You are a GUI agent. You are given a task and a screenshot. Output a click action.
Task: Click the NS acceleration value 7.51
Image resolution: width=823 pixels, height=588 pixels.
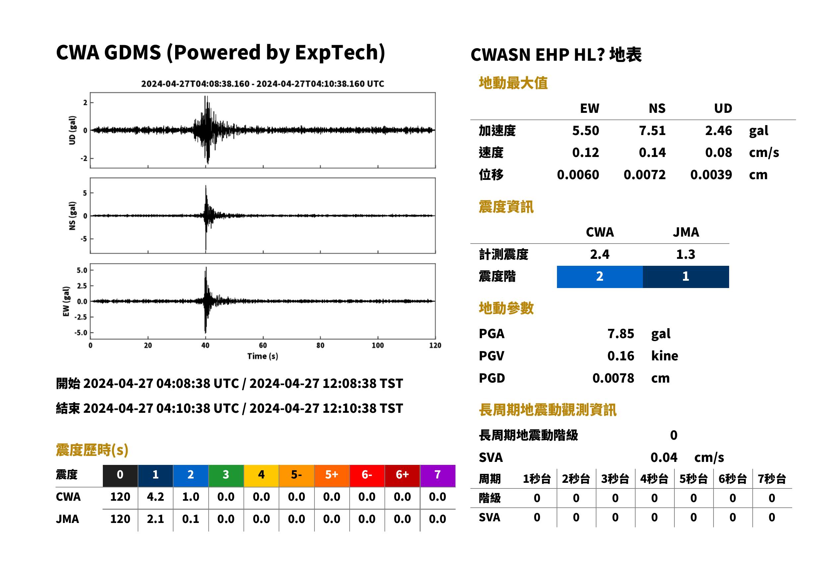click(x=652, y=130)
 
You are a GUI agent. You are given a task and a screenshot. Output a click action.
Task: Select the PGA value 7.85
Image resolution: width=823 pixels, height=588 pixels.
click(x=621, y=333)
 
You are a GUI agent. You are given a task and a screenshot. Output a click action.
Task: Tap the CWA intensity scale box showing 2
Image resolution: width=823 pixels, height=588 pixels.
click(x=600, y=277)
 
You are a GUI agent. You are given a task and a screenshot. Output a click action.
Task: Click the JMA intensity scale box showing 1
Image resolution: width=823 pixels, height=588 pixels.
click(x=686, y=277)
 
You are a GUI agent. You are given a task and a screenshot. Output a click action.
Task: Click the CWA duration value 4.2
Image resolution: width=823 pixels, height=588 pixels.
click(x=155, y=497)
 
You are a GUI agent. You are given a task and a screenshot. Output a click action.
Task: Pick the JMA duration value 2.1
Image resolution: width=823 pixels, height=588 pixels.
click(x=155, y=519)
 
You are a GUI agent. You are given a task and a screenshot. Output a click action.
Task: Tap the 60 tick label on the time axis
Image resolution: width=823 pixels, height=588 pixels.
click(x=263, y=345)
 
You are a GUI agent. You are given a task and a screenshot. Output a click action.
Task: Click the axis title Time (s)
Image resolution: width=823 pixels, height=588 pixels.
click(x=263, y=356)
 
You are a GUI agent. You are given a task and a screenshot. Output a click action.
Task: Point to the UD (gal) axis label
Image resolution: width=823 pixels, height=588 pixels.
click(x=72, y=130)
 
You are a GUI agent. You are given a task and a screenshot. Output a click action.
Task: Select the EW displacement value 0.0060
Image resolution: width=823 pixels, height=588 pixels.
click(x=578, y=175)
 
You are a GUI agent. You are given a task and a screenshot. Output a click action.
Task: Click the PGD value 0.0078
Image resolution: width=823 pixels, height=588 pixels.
click(x=613, y=378)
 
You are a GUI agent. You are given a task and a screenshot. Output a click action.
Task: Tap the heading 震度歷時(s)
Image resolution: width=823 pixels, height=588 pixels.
click(x=92, y=450)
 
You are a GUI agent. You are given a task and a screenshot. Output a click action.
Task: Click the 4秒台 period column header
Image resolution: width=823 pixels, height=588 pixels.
click(x=654, y=478)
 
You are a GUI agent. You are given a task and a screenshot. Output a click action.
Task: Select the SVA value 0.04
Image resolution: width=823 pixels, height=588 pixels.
click(x=664, y=457)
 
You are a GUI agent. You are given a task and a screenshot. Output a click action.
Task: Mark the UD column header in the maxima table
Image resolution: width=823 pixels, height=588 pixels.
click(x=723, y=108)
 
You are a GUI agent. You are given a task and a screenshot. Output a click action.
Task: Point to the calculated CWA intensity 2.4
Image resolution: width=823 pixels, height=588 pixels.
click(x=600, y=254)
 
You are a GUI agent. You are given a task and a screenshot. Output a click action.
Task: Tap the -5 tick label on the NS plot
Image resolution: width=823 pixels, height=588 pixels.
click(x=84, y=239)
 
